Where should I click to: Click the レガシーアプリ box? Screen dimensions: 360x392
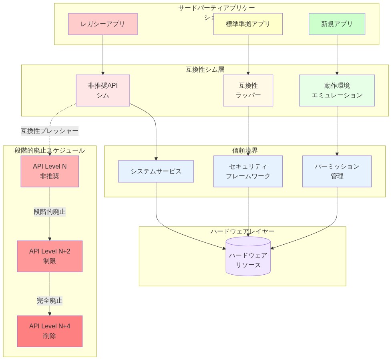pos(103,24)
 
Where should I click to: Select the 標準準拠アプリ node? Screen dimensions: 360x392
pos(248,24)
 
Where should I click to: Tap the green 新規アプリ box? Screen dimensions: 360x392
pos(337,24)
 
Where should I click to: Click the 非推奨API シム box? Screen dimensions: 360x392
pos(103,91)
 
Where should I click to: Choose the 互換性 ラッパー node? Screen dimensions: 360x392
pos(248,91)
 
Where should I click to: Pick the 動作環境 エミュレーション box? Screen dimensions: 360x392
pos(337,91)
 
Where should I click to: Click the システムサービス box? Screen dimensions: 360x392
pos(156,171)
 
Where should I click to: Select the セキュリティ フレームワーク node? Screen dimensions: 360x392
pos(248,171)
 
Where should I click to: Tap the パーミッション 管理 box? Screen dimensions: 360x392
pos(337,171)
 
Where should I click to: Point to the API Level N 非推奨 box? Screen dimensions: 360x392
pos(50,171)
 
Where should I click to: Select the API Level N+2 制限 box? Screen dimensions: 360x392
pos(50,256)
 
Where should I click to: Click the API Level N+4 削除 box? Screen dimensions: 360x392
pos(50,331)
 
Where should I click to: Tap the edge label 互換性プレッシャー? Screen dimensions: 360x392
pos(50,131)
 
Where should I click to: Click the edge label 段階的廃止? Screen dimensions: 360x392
pos(50,212)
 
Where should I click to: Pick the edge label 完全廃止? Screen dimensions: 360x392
pos(50,300)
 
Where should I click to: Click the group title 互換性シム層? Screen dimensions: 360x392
pos(205,70)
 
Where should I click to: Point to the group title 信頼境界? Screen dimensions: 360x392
pos(245,151)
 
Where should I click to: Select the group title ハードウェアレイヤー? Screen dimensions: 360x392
pos(242,231)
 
